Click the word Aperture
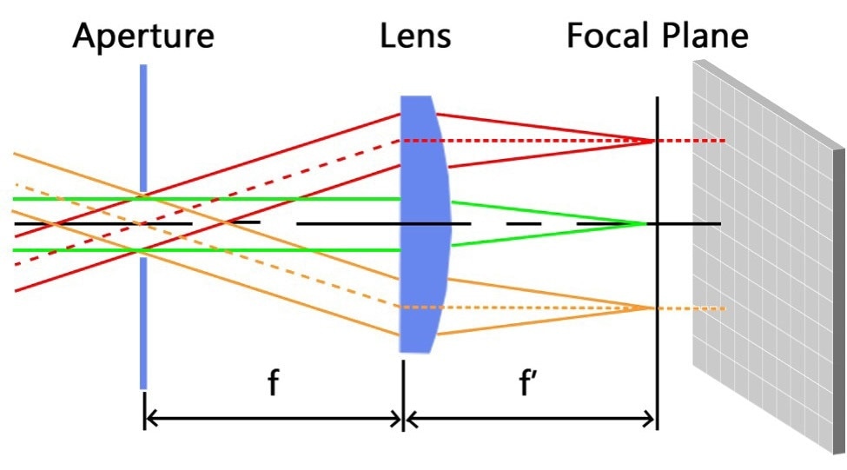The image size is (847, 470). click(x=143, y=36)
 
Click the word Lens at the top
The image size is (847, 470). click(x=415, y=36)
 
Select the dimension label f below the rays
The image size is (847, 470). click(x=273, y=382)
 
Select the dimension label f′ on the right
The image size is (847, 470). click(x=529, y=382)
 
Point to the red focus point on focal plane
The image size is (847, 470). click(x=652, y=141)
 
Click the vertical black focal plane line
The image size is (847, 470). click(x=657, y=365)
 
